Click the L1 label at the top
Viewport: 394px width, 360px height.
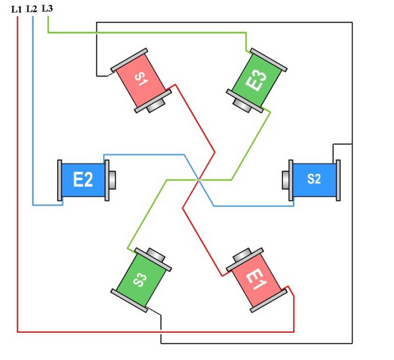[17, 8]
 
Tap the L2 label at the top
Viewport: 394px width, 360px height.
[32, 8]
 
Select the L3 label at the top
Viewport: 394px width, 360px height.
[47, 8]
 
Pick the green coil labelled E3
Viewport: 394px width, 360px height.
[257, 81]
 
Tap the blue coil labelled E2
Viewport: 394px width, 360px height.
[84, 179]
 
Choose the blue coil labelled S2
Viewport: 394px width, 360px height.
[313, 179]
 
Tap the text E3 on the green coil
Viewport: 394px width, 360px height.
[257, 80]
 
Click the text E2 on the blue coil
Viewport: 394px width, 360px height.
[83, 179]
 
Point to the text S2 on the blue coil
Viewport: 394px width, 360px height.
[314, 179]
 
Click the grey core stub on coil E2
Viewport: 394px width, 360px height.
[112, 179]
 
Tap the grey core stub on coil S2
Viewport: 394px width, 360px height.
[285, 179]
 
